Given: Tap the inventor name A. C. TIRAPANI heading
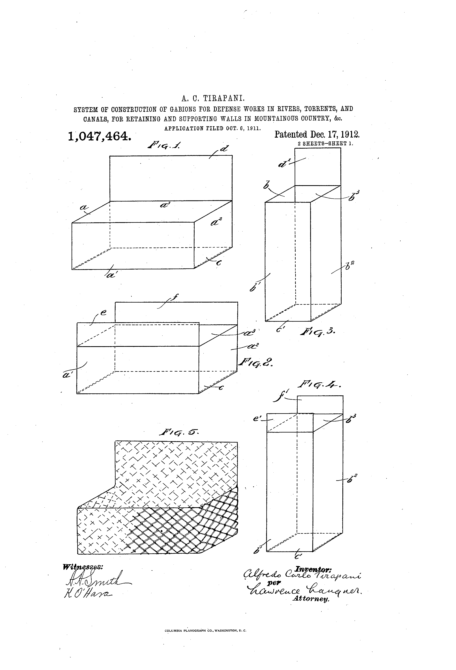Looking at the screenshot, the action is [x=213, y=99].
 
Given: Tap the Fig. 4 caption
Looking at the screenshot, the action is [x=319, y=385].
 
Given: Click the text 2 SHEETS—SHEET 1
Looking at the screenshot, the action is [x=325, y=143].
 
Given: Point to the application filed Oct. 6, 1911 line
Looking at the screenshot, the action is [x=212, y=128].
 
